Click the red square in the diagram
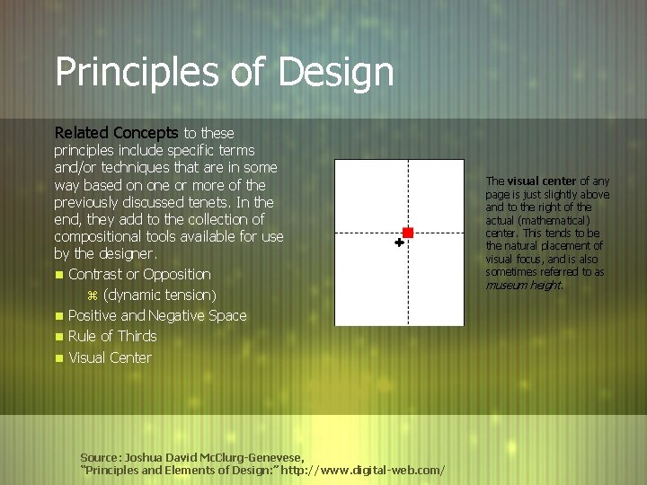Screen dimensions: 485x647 (x=407, y=233)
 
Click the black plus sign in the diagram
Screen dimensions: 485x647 (x=399, y=242)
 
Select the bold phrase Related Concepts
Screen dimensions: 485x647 (x=116, y=133)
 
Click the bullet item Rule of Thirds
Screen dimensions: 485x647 (x=112, y=336)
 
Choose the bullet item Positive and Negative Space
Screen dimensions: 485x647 (x=157, y=315)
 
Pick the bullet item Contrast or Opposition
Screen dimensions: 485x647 (x=139, y=274)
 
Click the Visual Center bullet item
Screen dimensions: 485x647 (x=110, y=357)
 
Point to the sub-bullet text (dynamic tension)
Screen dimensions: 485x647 (x=160, y=295)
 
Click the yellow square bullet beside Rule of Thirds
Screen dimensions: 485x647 (x=58, y=338)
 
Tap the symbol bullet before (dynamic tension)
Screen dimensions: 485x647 (x=91, y=295)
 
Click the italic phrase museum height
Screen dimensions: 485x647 (x=524, y=285)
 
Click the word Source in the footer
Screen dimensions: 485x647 (x=99, y=456)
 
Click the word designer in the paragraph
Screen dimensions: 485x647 (x=129, y=254)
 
